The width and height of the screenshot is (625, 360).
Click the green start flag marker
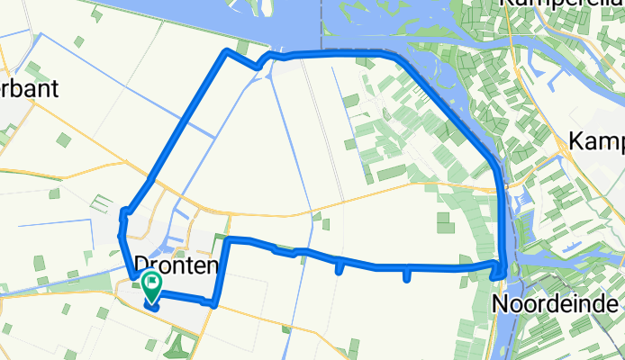(151, 288)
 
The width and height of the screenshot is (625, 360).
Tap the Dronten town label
(177, 265)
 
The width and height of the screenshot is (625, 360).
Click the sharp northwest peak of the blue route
(226, 53)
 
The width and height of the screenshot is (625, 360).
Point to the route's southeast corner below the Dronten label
(214, 304)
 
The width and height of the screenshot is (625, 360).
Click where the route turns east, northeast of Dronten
(228, 239)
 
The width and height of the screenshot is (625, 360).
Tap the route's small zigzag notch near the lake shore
(263, 61)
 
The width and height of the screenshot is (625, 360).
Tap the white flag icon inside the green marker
(151, 284)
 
